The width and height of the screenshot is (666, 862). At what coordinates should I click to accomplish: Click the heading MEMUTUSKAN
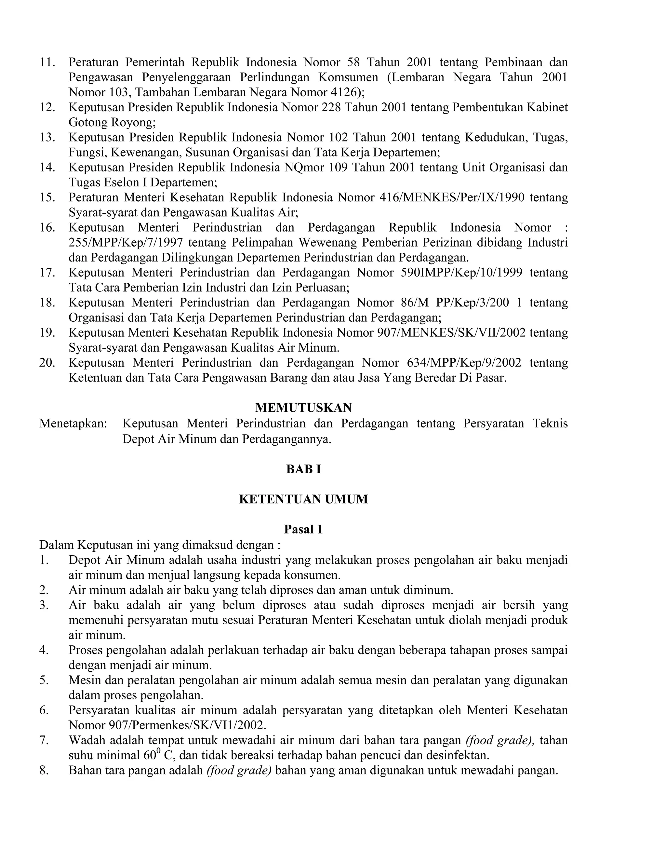(303, 407)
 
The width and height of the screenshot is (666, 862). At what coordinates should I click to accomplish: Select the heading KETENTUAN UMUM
(303, 499)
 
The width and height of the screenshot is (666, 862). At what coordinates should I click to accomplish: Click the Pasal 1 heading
(303, 529)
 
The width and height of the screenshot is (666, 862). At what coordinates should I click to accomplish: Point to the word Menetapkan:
(73, 424)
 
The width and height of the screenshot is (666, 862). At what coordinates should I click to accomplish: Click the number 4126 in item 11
(342, 92)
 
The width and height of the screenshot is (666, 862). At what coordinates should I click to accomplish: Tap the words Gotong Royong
(112, 122)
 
